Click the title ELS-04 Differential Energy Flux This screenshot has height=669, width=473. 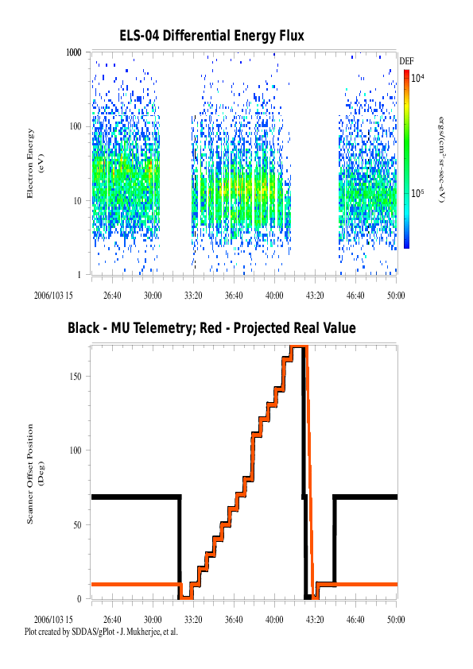click(211, 36)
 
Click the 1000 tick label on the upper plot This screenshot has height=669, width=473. click(74, 52)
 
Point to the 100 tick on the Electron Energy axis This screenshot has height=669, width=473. click(76, 126)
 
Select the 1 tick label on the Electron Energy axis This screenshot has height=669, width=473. click(79, 275)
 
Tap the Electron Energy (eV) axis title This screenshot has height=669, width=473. click(34, 164)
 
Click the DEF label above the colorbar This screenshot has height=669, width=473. click(406, 61)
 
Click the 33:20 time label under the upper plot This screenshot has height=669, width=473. click(193, 296)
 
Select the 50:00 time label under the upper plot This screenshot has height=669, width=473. click(396, 296)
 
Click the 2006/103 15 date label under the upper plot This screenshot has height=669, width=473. click(53, 296)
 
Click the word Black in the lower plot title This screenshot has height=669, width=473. click(83, 328)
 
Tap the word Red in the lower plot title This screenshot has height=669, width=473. click(211, 328)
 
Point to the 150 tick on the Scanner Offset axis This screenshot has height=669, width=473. click(76, 377)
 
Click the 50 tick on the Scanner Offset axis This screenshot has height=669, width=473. click(77, 524)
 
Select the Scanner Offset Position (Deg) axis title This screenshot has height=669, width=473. click(34, 474)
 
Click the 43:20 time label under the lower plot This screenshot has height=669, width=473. click(315, 620)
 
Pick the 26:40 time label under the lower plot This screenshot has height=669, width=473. click(112, 620)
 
